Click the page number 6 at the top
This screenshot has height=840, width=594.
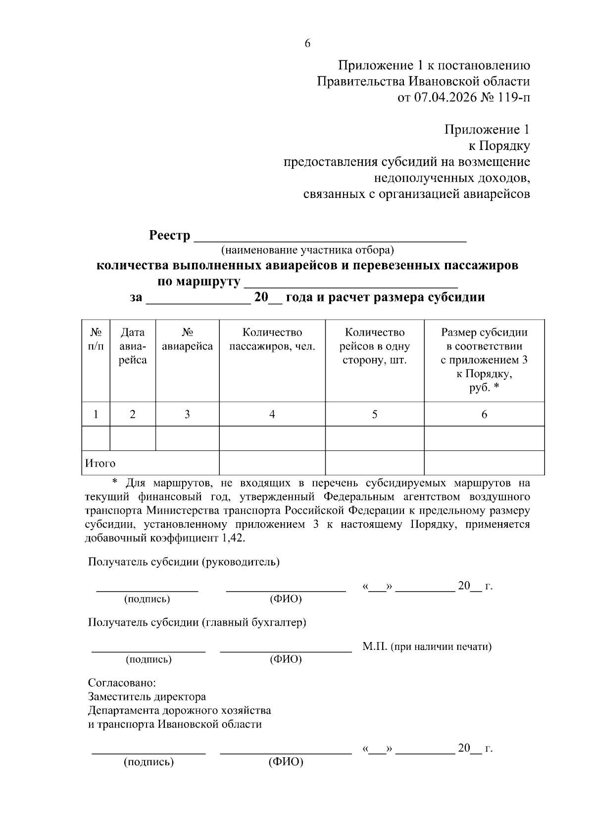coord(307,44)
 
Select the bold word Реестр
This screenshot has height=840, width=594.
coord(169,236)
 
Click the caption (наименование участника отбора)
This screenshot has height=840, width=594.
coord(307,250)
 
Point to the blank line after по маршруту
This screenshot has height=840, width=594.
coord(351,283)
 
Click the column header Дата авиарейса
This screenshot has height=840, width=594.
coord(133,346)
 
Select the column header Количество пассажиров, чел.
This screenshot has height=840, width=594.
coord(272,340)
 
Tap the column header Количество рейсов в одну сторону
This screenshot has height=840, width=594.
coord(374,346)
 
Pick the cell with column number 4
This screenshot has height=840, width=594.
coord(272,414)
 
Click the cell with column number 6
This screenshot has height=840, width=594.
coord(484,414)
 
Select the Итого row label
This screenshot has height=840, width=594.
coord(100,463)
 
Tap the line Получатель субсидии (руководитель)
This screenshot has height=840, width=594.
coord(184,562)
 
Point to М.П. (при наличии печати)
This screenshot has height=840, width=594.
coord(427,646)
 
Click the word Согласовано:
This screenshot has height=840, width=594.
coord(122,683)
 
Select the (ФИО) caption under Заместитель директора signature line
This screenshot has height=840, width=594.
coord(286,762)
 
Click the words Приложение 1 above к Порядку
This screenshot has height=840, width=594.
coord(487,130)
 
